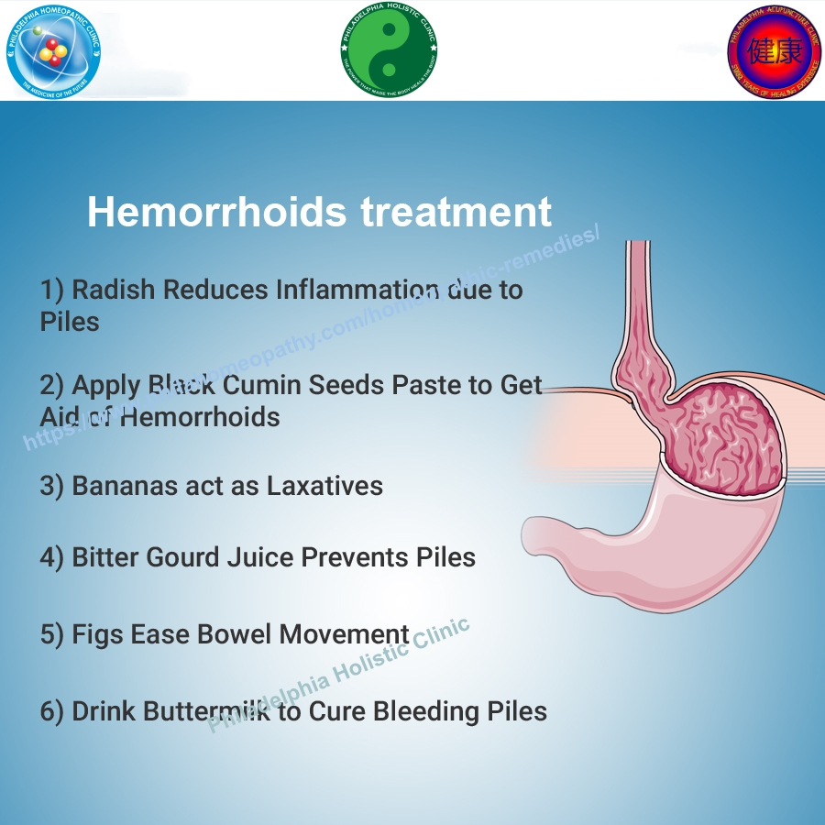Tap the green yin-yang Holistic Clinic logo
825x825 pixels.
(389, 50)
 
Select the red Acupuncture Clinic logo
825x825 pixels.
(775, 50)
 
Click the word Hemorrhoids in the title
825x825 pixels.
(216, 213)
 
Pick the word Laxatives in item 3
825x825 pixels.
(324, 486)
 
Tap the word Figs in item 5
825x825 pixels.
(97, 634)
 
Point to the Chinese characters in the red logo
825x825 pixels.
(775, 50)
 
